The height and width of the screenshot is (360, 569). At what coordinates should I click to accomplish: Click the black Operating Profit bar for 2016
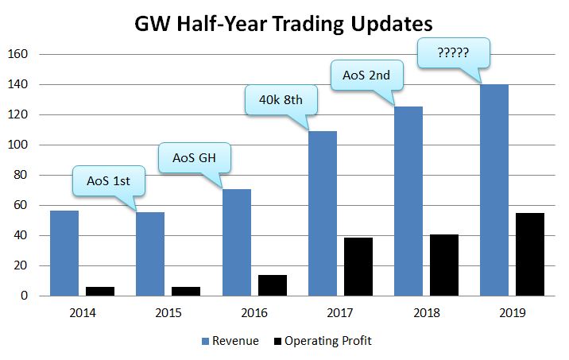[x=272, y=285]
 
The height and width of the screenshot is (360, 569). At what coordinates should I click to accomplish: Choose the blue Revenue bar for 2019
[x=494, y=190]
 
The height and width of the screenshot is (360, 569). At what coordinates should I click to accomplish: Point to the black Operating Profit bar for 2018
[x=443, y=265]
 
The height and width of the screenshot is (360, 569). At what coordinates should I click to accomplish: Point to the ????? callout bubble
[x=452, y=54]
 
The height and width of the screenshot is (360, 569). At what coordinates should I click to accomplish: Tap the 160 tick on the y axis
[x=18, y=54]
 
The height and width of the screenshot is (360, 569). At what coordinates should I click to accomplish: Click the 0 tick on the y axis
[x=25, y=296]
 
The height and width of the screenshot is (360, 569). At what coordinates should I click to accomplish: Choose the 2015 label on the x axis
[x=168, y=314]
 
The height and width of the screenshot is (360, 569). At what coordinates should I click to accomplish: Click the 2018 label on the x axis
[x=425, y=314]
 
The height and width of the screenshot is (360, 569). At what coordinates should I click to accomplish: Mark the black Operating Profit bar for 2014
[x=100, y=291]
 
